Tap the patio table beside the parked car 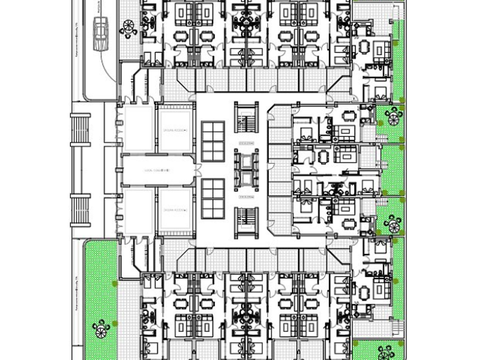pyautogui.click(x=128, y=27)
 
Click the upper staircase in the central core pyautogui.click(x=246, y=118)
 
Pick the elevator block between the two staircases pyautogui.click(x=246, y=170)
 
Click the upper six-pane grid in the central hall pyautogui.click(x=213, y=141)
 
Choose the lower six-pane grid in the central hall pyautogui.click(x=213, y=198)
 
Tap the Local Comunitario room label pyautogui.click(x=156, y=170)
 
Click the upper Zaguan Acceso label pyautogui.click(x=174, y=130)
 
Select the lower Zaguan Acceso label pyautogui.click(x=174, y=211)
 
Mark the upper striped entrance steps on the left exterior pyautogui.click(x=81, y=130)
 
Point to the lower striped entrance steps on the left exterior pyautogui.click(x=81, y=211)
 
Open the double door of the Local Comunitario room pyautogui.click(x=195, y=170)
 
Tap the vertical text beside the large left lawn pyautogui.click(x=77, y=291)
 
